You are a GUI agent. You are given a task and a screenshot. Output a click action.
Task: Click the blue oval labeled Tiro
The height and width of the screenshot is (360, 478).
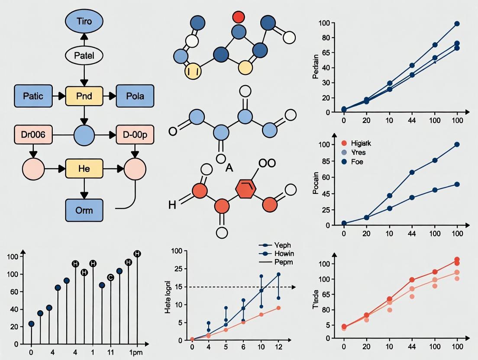coord(84,21)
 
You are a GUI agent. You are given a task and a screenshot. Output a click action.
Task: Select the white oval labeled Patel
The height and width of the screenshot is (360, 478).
coord(84,55)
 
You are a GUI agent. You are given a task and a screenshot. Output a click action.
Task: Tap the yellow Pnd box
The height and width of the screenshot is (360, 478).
coord(84,96)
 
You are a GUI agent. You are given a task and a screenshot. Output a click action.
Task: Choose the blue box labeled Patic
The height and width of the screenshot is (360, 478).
coord(33,96)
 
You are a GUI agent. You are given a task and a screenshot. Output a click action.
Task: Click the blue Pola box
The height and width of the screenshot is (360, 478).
coord(135,96)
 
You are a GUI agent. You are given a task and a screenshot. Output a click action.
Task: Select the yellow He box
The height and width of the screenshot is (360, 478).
coord(84,168)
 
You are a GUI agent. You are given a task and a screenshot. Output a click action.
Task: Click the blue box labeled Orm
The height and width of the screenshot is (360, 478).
coord(84,211)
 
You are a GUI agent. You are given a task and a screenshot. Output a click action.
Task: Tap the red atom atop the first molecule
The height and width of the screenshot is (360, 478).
coord(238,17)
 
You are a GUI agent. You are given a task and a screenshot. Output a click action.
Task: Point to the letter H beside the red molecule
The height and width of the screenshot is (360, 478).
coord(172,205)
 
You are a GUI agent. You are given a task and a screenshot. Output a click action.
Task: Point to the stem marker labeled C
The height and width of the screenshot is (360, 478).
coord(110,277)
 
